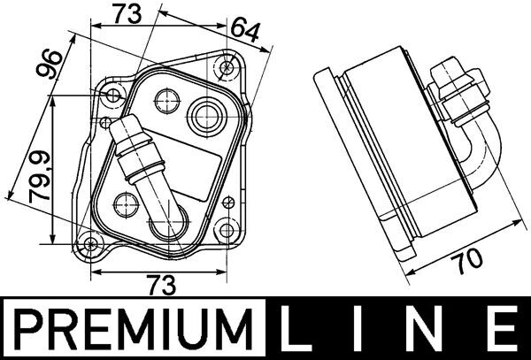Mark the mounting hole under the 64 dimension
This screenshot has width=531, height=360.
click(228, 66)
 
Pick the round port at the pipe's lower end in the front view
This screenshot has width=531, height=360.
click(165, 225)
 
